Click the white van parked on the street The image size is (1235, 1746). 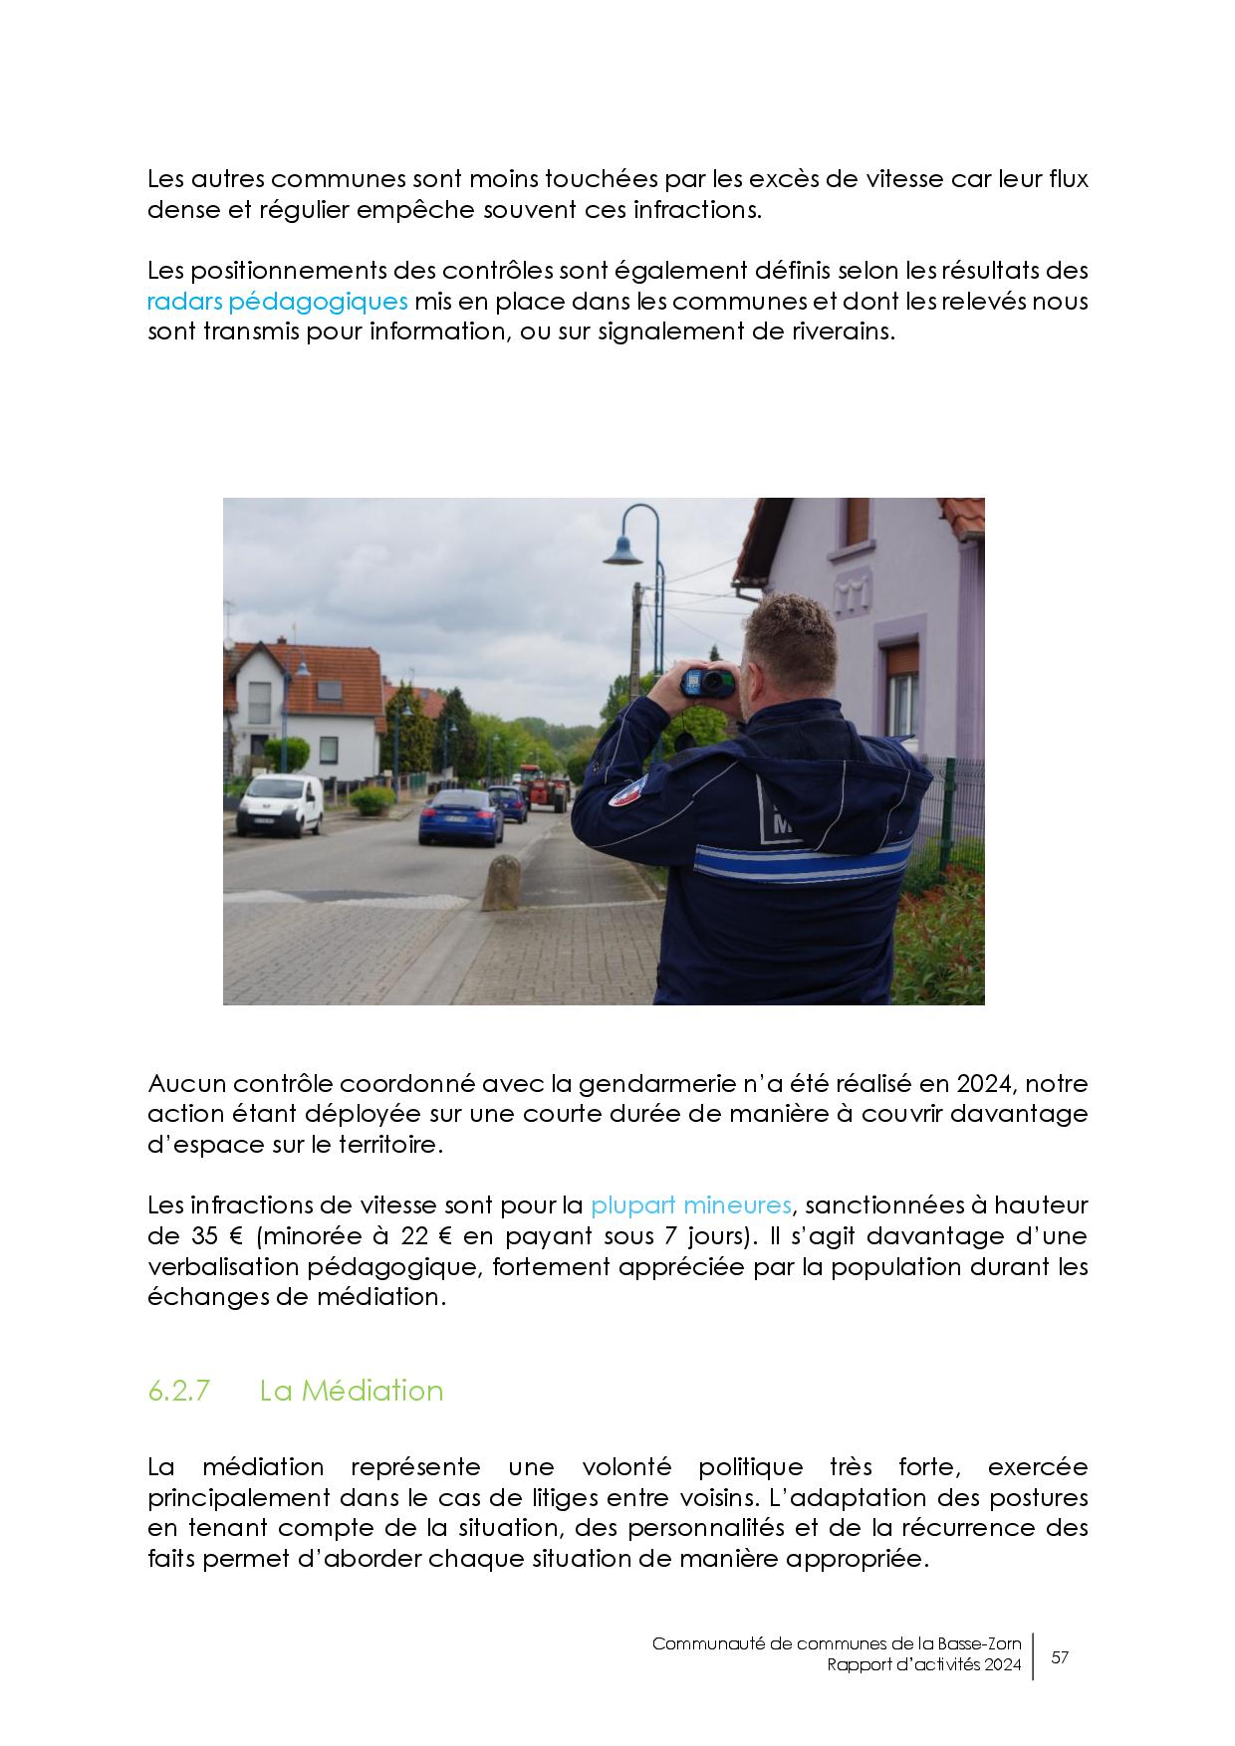coord(280,803)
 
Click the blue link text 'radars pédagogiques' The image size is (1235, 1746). coord(278,301)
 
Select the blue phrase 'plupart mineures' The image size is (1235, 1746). coord(691,1205)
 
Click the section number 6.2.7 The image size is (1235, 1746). coord(178,1391)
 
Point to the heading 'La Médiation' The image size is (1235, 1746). coord(352,1391)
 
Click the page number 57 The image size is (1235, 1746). coord(1061,1657)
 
